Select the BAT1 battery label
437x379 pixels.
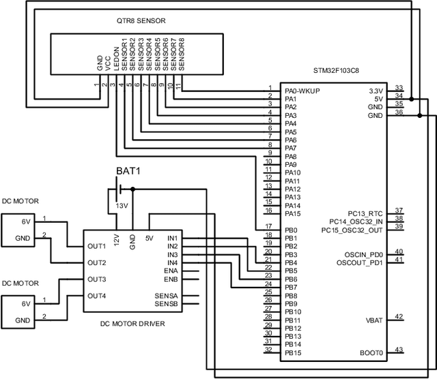click(128, 171)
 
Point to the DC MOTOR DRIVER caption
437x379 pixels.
click(132, 324)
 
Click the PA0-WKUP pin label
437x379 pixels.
click(302, 91)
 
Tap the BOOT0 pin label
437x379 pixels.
click(371, 352)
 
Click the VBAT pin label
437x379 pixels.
click(373, 320)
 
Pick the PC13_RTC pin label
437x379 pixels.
click(365, 213)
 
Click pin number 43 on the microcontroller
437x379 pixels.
click(399, 350)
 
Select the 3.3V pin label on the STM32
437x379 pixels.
click(375, 91)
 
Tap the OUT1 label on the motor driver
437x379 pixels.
click(96, 246)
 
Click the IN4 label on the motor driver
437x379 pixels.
click(172, 262)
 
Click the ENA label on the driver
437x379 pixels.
click(171, 271)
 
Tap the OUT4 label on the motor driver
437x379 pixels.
click(96, 295)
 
